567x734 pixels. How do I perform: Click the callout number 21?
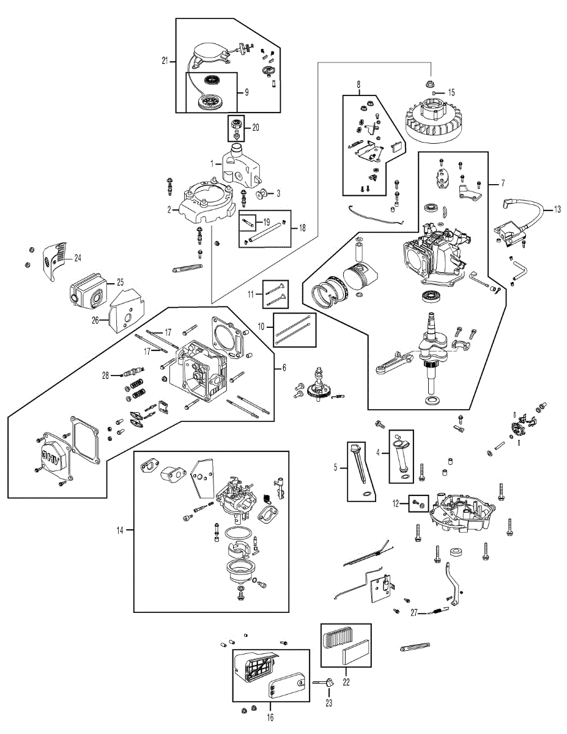(165, 62)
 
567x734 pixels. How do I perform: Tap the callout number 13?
(557, 209)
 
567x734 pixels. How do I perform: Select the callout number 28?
(106, 375)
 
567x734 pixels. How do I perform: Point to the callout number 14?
(120, 530)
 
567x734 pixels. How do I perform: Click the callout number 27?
(414, 612)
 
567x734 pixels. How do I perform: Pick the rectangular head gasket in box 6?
(228, 337)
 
